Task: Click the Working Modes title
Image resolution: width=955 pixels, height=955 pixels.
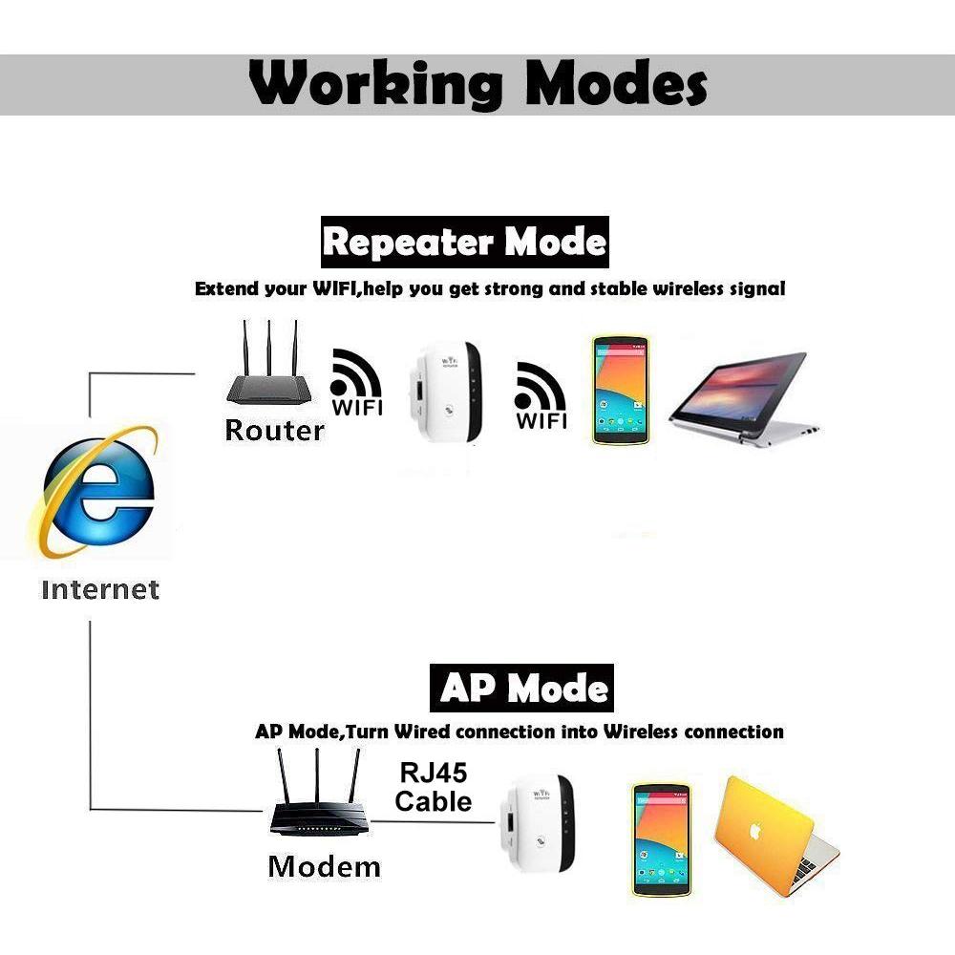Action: point(478,83)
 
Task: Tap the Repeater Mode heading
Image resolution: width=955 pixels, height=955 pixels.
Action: point(465,242)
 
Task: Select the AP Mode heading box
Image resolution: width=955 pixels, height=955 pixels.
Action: point(522,689)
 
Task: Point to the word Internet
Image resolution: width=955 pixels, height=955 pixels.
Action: point(100,589)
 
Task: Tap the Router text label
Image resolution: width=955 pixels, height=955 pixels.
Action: point(275,430)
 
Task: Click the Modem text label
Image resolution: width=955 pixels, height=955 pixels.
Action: point(324,866)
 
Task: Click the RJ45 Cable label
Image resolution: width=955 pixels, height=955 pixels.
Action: point(433,787)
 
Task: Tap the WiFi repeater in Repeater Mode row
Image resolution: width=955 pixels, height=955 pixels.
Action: point(446,393)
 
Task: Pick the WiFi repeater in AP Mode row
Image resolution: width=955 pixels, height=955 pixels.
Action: point(537,823)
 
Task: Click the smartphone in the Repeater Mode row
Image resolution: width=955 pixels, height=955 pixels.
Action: point(620,390)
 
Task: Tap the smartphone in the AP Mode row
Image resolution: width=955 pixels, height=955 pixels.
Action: point(662,839)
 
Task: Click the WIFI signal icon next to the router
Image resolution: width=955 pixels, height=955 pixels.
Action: point(356,382)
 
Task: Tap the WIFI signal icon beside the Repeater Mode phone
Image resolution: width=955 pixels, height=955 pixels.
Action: point(541,395)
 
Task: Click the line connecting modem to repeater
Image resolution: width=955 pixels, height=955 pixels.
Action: point(433,822)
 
